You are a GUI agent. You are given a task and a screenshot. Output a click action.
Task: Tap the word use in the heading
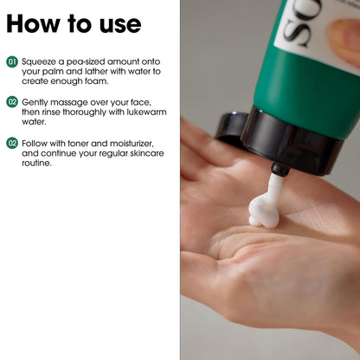coord(120,26)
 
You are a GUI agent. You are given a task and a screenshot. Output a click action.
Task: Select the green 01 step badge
coord(12,61)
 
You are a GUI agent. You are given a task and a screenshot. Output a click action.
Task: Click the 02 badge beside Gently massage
coord(12,102)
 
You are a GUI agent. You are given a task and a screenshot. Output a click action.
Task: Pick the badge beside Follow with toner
coord(12,143)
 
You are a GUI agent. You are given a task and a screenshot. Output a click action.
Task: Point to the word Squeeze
coord(39,62)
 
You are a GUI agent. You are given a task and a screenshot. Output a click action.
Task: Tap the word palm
coord(53,72)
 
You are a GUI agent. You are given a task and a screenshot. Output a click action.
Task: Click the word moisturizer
coord(132,144)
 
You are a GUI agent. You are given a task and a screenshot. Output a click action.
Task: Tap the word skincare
coord(147,153)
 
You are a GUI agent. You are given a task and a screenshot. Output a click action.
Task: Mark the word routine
coord(36,163)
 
